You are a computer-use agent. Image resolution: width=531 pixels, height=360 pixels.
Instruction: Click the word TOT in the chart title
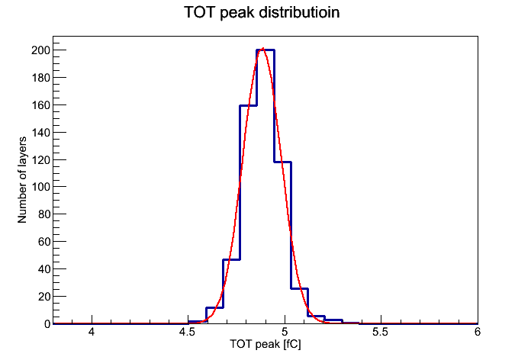click(x=199, y=12)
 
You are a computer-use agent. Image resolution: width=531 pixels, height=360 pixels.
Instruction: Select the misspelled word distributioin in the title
click(x=299, y=12)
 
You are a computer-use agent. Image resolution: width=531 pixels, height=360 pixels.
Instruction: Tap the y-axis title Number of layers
click(x=22, y=180)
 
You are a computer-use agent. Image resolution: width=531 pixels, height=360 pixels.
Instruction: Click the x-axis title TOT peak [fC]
click(x=265, y=344)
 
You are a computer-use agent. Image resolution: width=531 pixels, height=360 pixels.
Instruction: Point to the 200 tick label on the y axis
click(x=40, y=50)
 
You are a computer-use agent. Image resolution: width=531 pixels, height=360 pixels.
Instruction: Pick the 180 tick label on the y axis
click(x=40, y=78)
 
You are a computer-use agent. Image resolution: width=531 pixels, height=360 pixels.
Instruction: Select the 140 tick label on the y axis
click(x=40, y=133)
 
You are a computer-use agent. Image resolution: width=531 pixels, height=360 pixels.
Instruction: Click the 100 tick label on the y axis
click(x=40, y=187)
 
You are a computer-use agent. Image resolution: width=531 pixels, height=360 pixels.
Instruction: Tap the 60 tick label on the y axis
click(x=43, y=242)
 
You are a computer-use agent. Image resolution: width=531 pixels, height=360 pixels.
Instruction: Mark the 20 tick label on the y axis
click(x=43, y=297)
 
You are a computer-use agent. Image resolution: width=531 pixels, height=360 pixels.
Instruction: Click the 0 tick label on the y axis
click(x=47, y=324)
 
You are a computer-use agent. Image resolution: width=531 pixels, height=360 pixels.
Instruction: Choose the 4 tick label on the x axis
click(x=92, y=332)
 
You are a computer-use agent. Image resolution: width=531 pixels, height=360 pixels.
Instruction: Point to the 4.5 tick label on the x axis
click(x=187, y=332)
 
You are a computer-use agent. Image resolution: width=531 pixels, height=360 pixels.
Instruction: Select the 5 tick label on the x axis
click(x=285, y=332)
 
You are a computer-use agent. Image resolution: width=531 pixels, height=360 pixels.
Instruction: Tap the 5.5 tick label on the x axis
click(x=380, y=332)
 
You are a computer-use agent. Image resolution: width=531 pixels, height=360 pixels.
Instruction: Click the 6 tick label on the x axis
click(x=478, y=332)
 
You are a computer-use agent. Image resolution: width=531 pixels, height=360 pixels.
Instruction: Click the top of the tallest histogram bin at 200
click(x=265, y=50)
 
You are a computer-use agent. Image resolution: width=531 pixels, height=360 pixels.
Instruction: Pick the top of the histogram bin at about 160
click(x=248, y=105)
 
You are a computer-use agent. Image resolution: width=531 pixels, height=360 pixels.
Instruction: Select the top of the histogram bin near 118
click(x=283, y=162)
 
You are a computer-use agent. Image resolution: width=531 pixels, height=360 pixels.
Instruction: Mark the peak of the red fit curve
click(x=262, y=48)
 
